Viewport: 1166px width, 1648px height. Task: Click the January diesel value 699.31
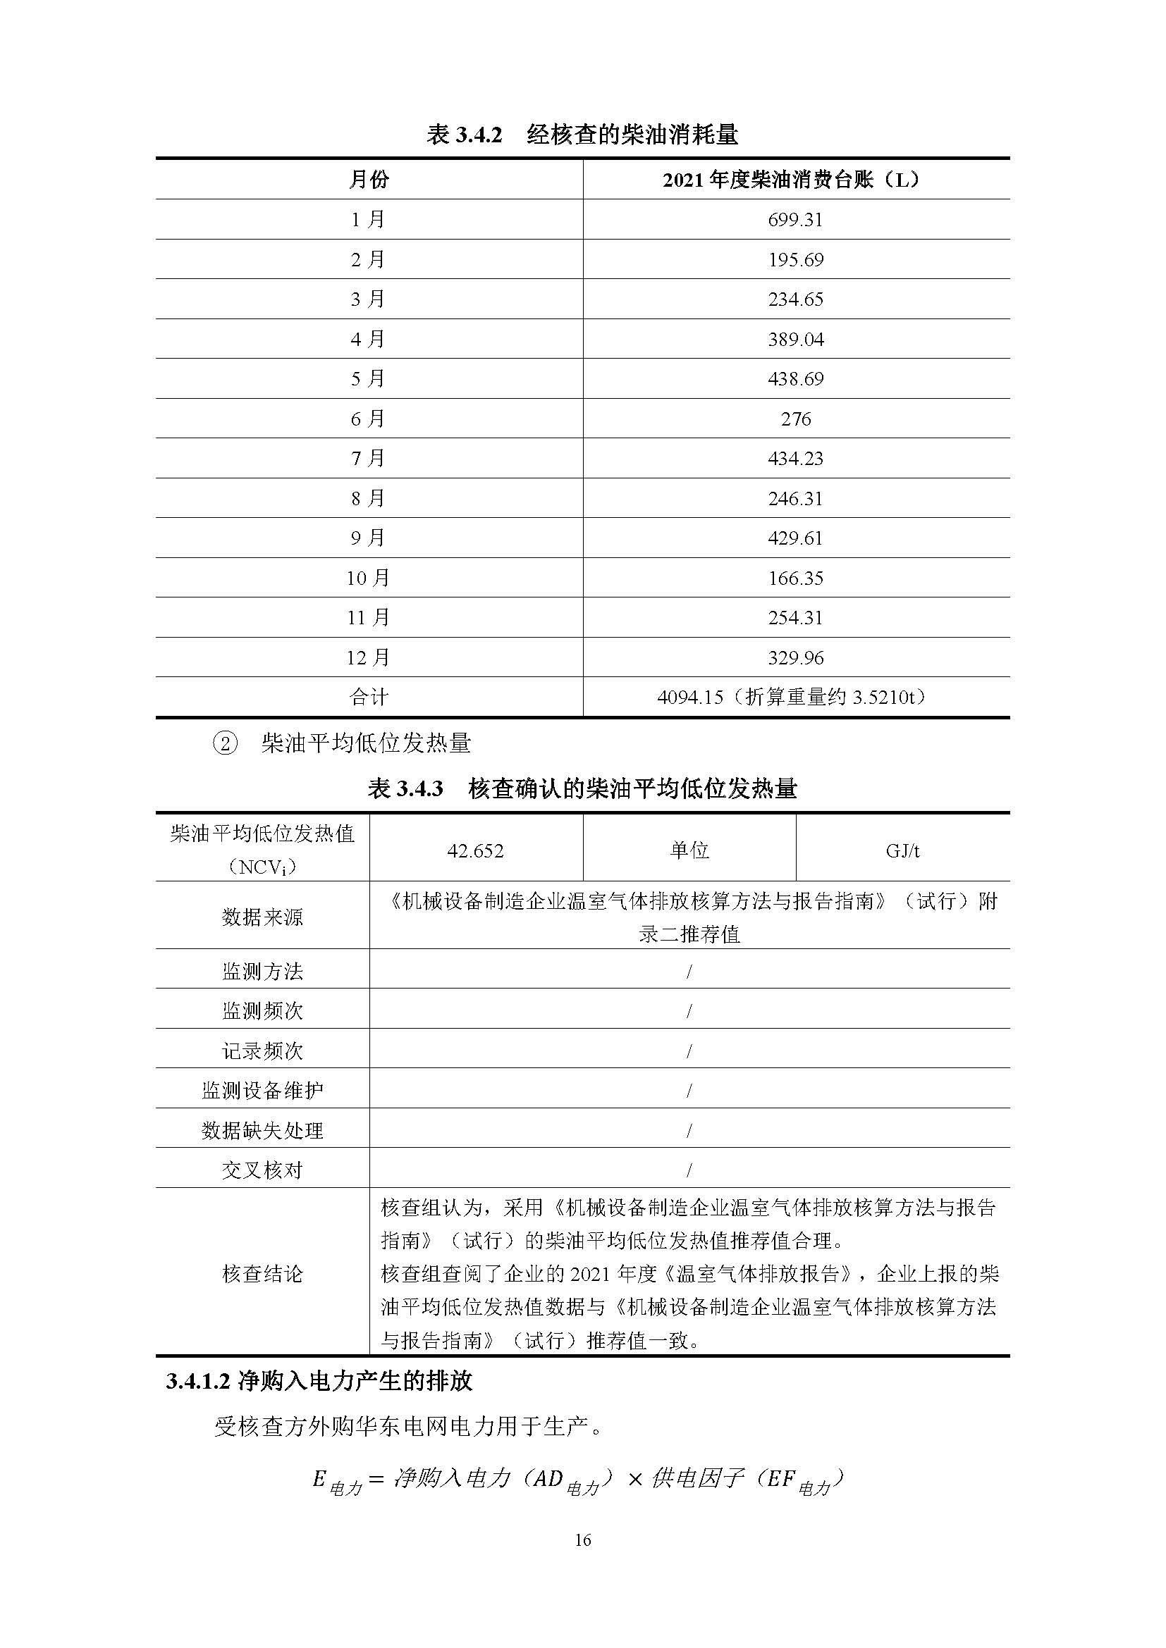click(x=794, y=220)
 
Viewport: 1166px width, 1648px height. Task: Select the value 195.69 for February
click(x=794, y=259)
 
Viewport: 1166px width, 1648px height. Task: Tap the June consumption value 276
click(x=795, y=419)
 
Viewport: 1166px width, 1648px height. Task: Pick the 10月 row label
click(x=368, y=578)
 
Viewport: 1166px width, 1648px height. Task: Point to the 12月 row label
click(x=368, y=657)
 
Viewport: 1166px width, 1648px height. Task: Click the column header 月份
click(x=368, y=180)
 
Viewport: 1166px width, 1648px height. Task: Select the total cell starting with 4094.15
click(x=794, y=697)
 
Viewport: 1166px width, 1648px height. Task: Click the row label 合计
click(x=368, y=697)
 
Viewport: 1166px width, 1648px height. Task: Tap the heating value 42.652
click(x=475, y=850)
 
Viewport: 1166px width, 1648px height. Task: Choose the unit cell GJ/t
click(x=902, y=850)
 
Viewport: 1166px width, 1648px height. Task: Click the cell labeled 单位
click(x=689, y=850)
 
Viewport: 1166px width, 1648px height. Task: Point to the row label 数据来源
click(x=262, y=917)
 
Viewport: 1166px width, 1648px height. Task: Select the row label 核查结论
click(x=262, y=1274)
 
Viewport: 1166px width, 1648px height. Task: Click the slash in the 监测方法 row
click(x=689, y=972)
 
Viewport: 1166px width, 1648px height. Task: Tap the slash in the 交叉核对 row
click(x=689, y=1171)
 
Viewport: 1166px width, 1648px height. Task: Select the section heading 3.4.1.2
click(x=319, y=1382)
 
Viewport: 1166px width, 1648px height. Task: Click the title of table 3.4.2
click(x=582, y=135)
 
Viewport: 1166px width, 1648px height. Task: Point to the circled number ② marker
click(x=225, y=743)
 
